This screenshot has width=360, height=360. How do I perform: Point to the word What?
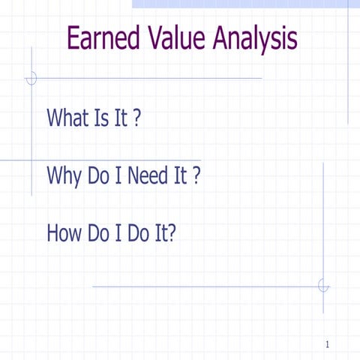(68, 118)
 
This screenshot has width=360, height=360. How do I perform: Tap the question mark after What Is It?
(137, 118)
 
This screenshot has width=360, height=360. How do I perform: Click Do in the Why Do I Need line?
(101, 176)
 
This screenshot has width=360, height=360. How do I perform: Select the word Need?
(150, 176)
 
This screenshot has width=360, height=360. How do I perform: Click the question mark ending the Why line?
(196, 176)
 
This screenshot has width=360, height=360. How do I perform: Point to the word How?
(64, 234)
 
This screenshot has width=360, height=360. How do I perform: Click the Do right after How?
(100, 234)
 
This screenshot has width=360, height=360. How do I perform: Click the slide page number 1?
(328, 344)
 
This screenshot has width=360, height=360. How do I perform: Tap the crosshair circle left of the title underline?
(31, 78)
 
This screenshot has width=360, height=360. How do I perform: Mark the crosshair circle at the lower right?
(323, 286)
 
